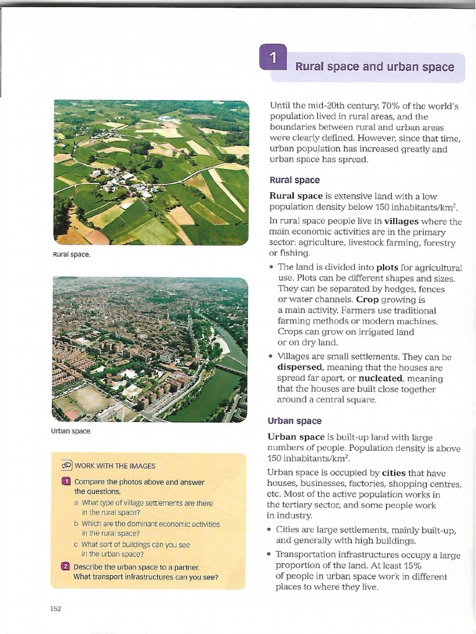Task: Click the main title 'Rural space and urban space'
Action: [x=374, y=67]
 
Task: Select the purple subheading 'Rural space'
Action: [x=294, y=180]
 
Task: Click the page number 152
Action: [x=56, y=609]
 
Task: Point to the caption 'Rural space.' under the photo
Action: [x=72, y=254]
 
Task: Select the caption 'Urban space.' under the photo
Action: [x=72, y=431]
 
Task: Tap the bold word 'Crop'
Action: [x=368, y=300]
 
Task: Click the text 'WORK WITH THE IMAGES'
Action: [x=115, y=466]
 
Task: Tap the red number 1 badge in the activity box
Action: [x=66, y=482]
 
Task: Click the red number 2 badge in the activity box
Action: [x=66, y=567]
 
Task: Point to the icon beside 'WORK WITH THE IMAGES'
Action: [x=66, y=466]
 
